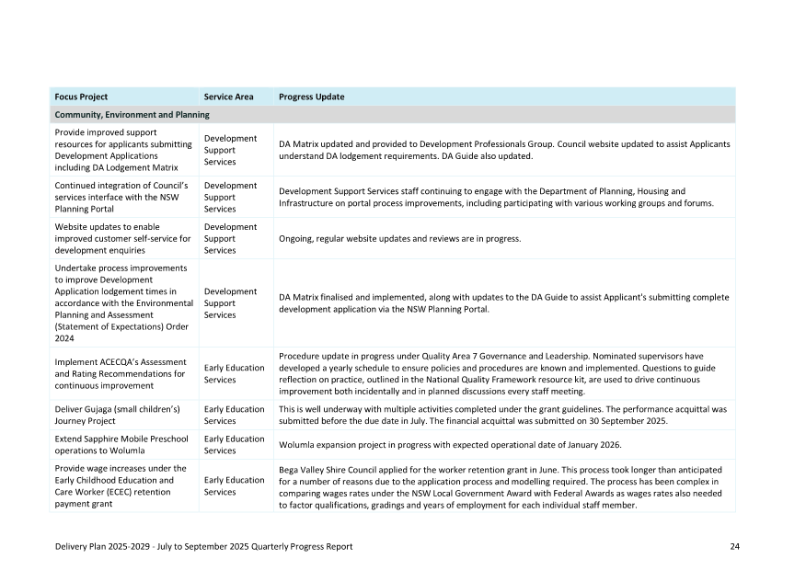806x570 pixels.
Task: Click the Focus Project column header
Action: (x=81, y=97)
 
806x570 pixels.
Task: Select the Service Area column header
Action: (x=228, y=97)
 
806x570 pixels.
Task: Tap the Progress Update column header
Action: (x=311, y=97)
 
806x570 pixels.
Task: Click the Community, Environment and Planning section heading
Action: (x=132, y=115)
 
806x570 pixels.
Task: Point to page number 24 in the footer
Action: (x=735, y=547)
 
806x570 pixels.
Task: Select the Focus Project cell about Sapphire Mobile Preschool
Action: (x=122, y=445)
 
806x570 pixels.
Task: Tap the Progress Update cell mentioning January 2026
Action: (x=450, y=445)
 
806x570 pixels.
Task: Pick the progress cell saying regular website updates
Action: (x=399, y=239)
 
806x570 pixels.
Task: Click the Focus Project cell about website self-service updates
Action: (x=122, y=238)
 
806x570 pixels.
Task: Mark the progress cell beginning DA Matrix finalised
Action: (x=503, y=303)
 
